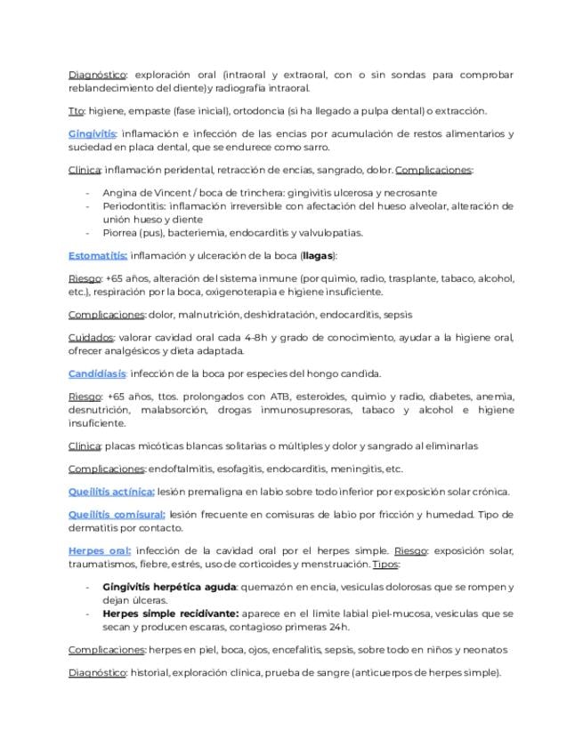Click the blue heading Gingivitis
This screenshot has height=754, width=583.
coord(93,133)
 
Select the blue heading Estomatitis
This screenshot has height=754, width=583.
coord(98,255)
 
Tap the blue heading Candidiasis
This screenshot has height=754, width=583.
coord(97,373)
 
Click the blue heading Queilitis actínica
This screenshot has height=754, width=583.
coord(111,492)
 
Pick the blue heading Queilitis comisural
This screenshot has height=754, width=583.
coord(117,514)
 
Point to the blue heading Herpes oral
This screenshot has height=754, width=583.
coord(100,550)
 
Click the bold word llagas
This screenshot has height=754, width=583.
coord(317,255)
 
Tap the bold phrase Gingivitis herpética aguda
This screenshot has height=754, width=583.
coord(169,587)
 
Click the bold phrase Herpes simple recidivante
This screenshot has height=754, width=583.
coord(170,614)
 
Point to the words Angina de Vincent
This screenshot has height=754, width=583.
coord(143,192)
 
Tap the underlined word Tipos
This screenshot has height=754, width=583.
coord(385,564)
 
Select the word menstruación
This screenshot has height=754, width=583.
coord(334,564)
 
